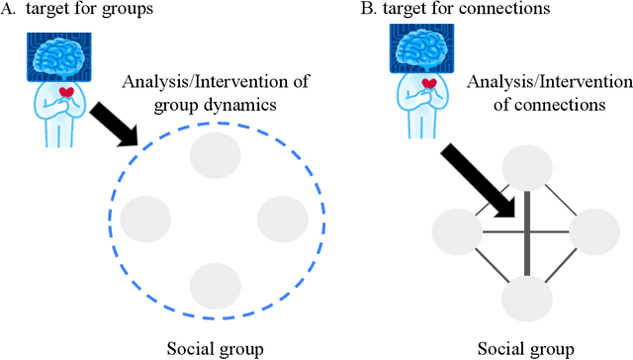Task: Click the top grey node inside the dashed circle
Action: pos(214,155)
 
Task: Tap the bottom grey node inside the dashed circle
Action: pos(214,285)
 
